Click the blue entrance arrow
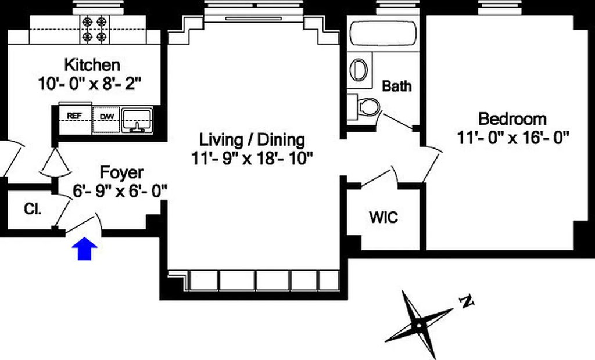85,249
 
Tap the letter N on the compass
467,301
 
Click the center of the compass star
418,326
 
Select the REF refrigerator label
74,116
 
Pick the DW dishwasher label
107,117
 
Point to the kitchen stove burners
95,29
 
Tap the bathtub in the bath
383,34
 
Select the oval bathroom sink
359,70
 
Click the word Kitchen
92,65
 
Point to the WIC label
383,217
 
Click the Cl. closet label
33,209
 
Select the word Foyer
121,173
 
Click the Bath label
396,86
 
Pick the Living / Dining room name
252,140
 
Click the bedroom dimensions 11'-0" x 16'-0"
513,138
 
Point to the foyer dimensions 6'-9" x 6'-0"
120,191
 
